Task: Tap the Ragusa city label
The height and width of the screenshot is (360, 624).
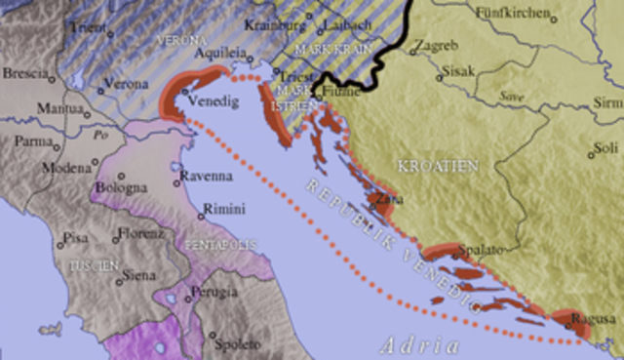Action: coord(595,318)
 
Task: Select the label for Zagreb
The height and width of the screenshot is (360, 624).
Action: coord(435,46)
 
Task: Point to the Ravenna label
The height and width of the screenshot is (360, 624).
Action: coord(206,177)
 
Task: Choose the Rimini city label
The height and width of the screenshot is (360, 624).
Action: coord(223,208)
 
